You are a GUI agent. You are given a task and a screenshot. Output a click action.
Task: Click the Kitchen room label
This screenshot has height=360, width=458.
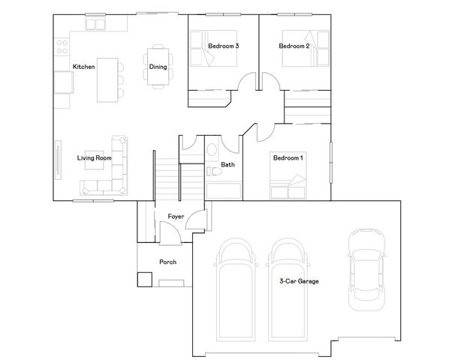click(x=83, y=67)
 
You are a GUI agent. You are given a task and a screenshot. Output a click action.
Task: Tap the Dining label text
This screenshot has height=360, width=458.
click(x=158, y=67)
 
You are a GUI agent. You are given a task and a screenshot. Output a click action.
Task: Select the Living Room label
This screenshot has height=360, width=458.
click(x=94, y=158)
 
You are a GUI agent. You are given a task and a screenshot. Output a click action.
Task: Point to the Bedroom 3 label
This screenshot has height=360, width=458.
click(x=223, y=46)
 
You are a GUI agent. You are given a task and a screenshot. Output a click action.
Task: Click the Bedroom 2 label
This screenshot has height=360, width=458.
click(x=294, y=46)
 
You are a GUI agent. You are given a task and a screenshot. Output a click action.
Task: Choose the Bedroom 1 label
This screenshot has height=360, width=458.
click(x=288, y=158)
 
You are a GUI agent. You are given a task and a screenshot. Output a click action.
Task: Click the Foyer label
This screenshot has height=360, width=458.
click(x=176, y=217)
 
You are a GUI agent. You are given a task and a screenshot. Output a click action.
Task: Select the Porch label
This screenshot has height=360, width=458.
click(x=167, y=262)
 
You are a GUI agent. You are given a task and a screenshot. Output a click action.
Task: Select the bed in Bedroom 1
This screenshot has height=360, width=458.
click(x=288, y=184)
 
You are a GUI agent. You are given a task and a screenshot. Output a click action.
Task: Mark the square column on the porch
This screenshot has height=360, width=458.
click(x=143, y=279)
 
